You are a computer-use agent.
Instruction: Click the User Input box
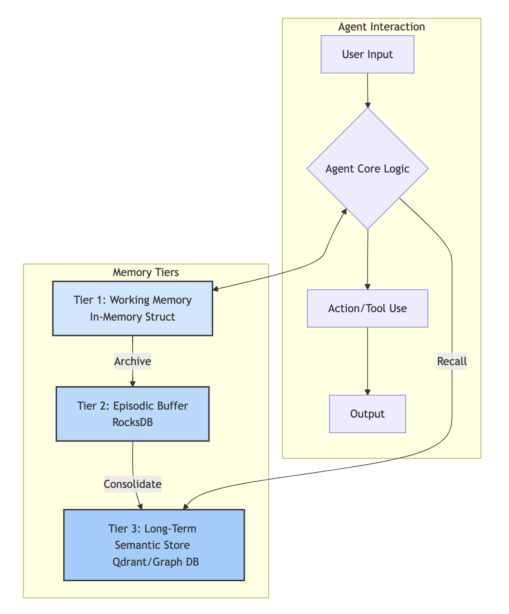(x=367, y=54)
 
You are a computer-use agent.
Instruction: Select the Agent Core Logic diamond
(x=367, y=168)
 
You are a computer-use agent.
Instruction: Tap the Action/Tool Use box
(x=367, y=308)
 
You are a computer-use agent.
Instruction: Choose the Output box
(x=367, y=414)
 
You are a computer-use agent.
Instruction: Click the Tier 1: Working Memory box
(x=133, y=308)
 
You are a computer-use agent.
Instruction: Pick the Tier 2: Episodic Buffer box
(x=133, y=414)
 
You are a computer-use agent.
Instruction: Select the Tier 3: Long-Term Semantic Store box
(x=154, y=545)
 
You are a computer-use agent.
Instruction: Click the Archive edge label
(x=133, y=361)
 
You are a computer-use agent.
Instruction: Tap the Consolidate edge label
(x=133, y=484)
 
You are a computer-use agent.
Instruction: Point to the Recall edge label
(x=452, y=361)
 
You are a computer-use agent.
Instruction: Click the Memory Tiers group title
(x=146, y=272)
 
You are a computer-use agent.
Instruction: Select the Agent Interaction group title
(x=382, y=27)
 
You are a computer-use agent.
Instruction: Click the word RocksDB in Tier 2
(x=133, y=422)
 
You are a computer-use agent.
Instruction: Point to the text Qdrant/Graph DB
(x=156, y=562)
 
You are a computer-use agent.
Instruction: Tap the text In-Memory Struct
(x=133, y=317)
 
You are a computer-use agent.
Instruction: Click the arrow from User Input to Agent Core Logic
(x=367, y=90)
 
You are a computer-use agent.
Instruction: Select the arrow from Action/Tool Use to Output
(x=367, y=361)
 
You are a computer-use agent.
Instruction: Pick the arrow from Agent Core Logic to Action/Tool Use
(x=367, y=259)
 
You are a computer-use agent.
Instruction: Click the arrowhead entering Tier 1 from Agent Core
(x=215, y=289)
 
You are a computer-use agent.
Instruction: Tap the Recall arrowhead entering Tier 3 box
(x=186, y=506)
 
